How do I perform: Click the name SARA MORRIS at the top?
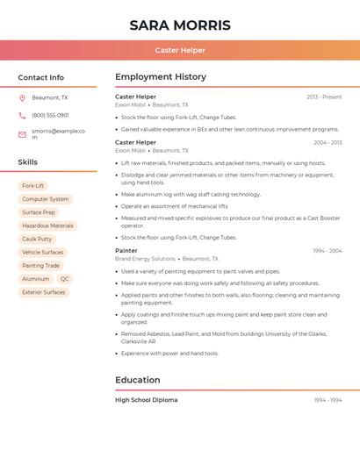coord(180,25)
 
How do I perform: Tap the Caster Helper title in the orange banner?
coord(180,50)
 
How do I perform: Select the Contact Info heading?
coord(41,77)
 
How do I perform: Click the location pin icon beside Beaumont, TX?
coord(22,97)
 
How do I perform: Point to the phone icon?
coord(22,115)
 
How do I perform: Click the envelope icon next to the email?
coord(22,134)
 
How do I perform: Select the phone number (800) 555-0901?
coord(50,115)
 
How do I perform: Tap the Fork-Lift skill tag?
coord(33,186)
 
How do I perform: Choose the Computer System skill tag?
coord(45,199)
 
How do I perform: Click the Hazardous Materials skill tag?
coord(47,225)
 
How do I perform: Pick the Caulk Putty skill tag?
coord(37,239)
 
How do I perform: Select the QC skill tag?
coord(65,279)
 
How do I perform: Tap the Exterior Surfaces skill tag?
coord(43,292)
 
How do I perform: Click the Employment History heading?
coord(161,77)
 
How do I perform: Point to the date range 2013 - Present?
coord(324,97)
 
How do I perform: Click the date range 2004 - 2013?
coord(327,142)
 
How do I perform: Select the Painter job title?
coord(126,251)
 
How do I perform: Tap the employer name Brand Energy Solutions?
coord(145,259)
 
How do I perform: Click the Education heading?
coord(138,380)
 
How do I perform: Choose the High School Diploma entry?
coord(146,400)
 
